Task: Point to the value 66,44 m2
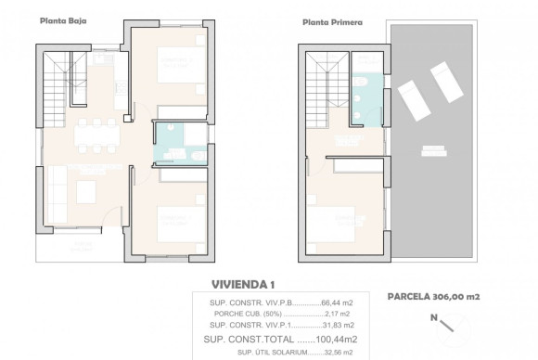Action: coord(333,302)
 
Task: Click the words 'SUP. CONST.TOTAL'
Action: coord(250,339)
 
